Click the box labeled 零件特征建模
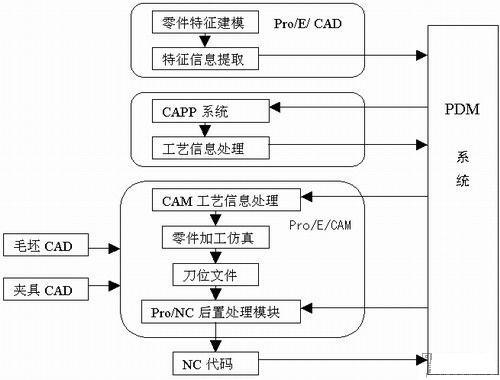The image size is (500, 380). (x=203, y=21)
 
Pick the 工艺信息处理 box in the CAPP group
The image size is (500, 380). (x=203, y=149)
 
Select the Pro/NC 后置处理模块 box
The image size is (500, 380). (x=222, y=310)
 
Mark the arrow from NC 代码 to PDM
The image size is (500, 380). (x=340, y=359)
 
